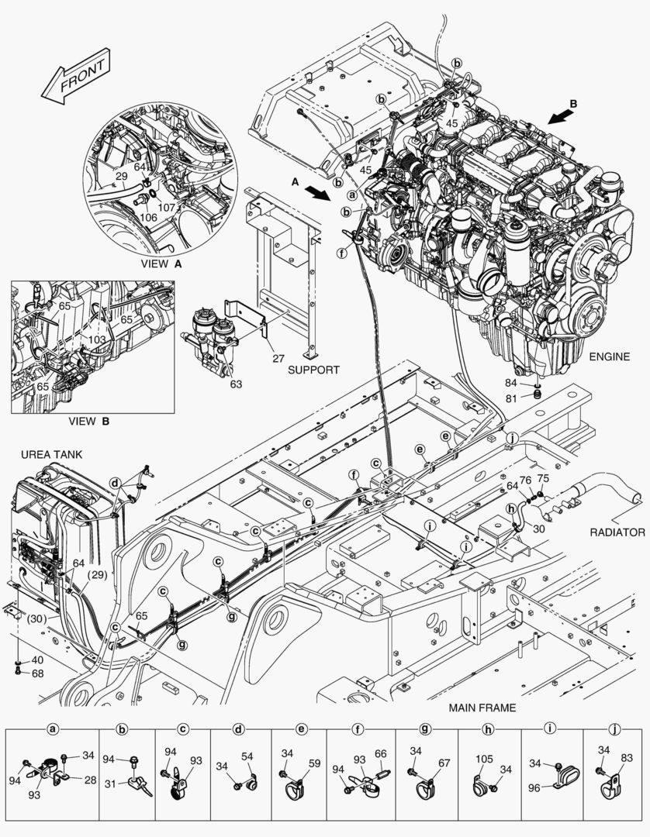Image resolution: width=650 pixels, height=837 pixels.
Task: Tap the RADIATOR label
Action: coord(617,532)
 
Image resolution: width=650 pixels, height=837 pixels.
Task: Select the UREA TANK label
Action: coord(51,453)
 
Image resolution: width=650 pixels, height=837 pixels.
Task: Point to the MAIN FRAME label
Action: coord(482,708)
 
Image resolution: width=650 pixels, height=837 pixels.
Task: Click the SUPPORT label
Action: coord(313,370)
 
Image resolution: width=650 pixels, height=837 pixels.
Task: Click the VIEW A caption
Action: coord(161,263)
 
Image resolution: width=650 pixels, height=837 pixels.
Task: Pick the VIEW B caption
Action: coord(88,422)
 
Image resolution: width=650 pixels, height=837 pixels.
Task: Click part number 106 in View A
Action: coord(148,217)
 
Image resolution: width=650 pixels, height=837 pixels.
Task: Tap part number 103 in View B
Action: coord(98,339)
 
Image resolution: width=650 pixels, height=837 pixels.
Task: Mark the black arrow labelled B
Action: coord(563,115)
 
